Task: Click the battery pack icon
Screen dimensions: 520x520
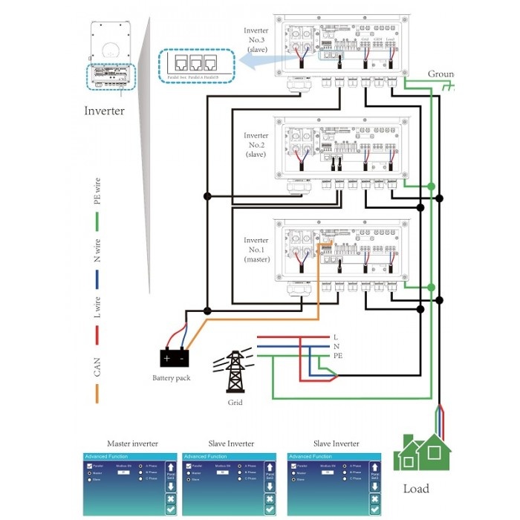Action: click(175, 357)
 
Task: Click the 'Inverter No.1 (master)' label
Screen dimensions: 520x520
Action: click(256, 249)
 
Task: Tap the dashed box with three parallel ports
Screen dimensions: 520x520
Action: click(193, 65)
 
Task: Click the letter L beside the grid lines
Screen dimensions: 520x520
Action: click(336, 337)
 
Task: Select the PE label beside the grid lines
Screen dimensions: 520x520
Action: click(338, 356)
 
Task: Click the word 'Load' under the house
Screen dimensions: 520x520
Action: click(416, 489)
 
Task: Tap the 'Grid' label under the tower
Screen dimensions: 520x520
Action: click(235, 403)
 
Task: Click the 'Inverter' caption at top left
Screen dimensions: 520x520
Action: click(104, 111)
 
